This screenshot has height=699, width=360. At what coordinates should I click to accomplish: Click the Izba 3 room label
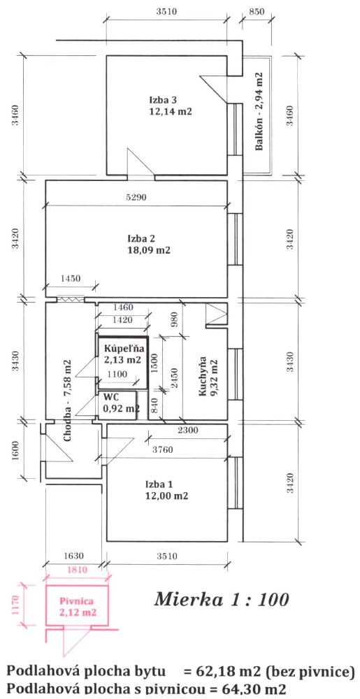(x=159, y=100)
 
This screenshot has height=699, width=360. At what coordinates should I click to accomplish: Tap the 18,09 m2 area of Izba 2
(x=149, y=250)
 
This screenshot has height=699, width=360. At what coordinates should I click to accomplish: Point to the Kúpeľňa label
(x=120, y=348)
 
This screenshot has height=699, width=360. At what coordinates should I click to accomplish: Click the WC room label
(x=109, y=396)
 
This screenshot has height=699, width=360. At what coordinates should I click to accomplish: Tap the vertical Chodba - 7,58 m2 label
(x=69, y=401)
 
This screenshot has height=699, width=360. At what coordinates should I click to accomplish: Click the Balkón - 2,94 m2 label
(x=258, y=112)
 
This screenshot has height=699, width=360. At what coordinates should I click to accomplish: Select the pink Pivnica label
(x=77, y=601)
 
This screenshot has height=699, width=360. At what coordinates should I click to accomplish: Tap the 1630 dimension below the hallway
(x=74, y=556)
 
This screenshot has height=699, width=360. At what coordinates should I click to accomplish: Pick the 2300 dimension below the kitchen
(x=187, y=431)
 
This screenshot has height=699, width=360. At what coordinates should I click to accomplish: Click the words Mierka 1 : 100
(x=222, y=599)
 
